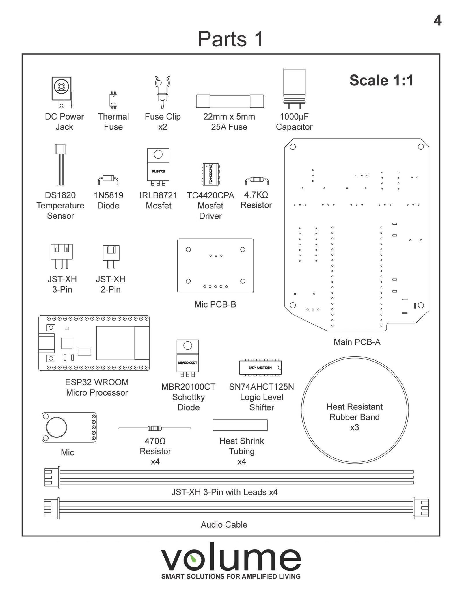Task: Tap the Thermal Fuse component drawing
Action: pyautogui.click(x=113, y=100)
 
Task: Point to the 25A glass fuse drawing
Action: pyautogui.click(x=230, y=101)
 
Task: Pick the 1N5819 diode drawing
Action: pyautogui.click(x=108, y=180)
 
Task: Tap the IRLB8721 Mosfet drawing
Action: pyautogui.click(x=158, y=167)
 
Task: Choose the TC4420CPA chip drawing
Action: pyautogui.click(x=210, y=174)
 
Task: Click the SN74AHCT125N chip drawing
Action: pyautogui.click(x=260, y=368)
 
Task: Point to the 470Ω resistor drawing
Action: pyautogui.click(x=155, y=428)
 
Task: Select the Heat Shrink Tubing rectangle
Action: pyautogui.click(x=240, y=425)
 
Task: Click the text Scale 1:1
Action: pyautogui.click(x=381, y=80)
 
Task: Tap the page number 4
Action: pyautogui.click(x=437, y=21)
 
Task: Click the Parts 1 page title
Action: pyautogui.click(x=230, y=39)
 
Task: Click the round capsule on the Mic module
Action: pyautogui.click(x=57, y=427)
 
